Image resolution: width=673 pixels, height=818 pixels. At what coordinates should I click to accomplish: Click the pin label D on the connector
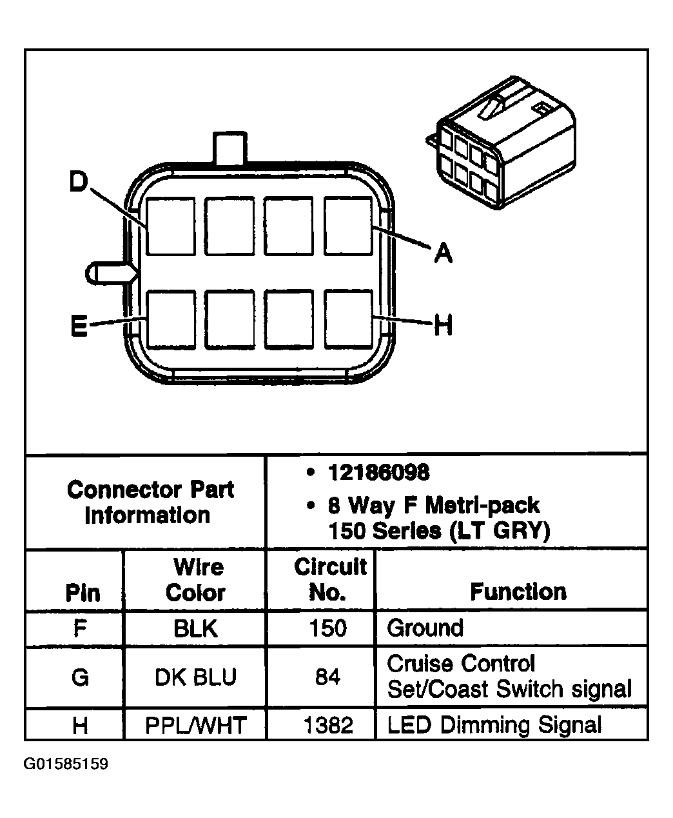tap(79, 181)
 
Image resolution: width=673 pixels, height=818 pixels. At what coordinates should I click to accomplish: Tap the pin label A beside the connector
tap(443, 252)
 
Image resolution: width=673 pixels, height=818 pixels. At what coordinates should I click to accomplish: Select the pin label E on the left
tap(79, 325)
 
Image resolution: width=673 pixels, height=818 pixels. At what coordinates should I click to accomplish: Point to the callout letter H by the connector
tap(443, 324)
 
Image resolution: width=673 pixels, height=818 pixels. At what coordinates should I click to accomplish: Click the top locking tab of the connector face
tap(230, 148)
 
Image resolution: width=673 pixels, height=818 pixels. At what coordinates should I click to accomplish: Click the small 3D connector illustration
tap(501, 143)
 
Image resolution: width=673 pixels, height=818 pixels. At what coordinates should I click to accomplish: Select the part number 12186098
tap(379, 472)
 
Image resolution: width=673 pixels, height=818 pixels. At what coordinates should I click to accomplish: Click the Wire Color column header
tap(196, 580)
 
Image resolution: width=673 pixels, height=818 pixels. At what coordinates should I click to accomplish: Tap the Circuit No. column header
tap(330, 579)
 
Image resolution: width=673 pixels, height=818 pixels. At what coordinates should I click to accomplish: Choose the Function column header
tap(518, 592)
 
